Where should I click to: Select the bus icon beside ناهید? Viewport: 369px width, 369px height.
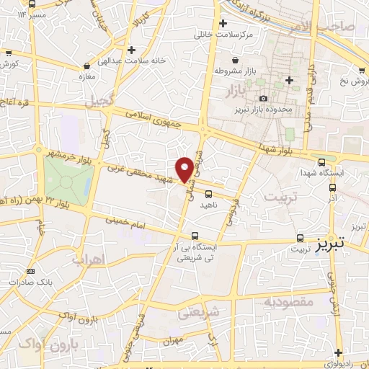208,193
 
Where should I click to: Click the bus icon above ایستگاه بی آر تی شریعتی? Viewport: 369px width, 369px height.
195,235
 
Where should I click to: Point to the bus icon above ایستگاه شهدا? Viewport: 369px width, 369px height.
321,161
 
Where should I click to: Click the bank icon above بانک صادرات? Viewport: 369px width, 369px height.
30,270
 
